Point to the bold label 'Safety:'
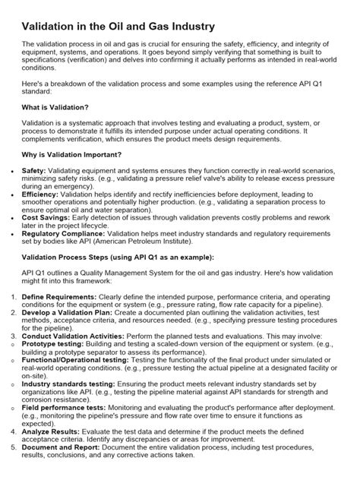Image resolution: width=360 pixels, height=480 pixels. pyautogui.click(x=34, y=172)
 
